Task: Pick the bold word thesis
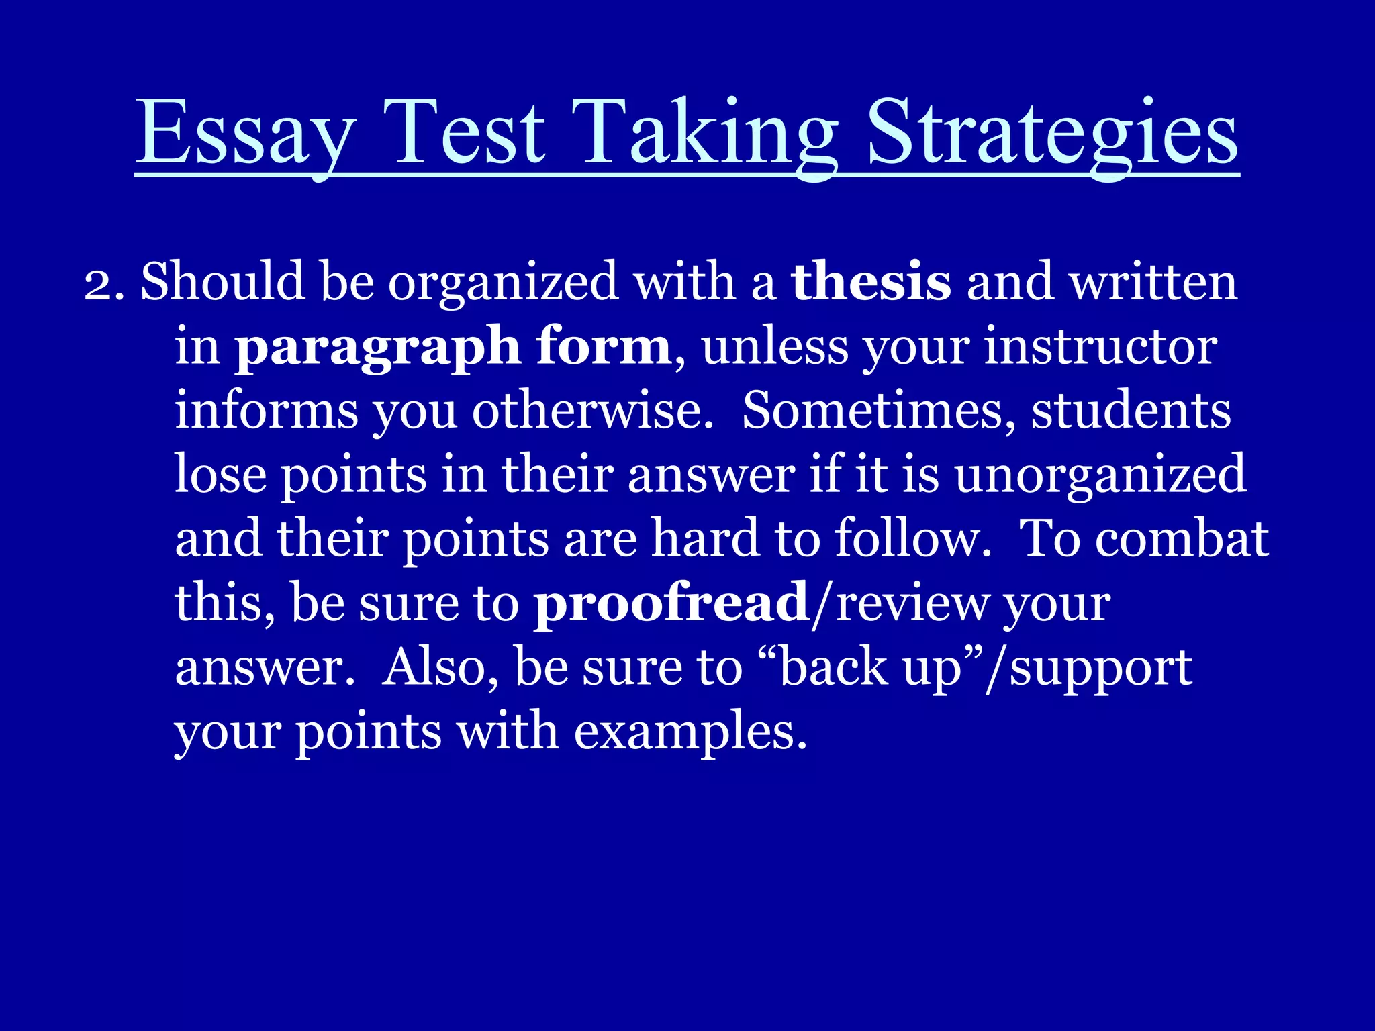tap(871, 282)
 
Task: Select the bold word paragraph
tap(377, 347)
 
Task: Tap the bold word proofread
tap(671, 603)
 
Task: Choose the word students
tap(1131, 410)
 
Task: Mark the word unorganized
tap(1100, 475)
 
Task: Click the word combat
tap(1182, 538)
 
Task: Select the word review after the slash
tap(912, 603)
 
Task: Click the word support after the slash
tap(1101, 668)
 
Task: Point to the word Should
tap(222, 282)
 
